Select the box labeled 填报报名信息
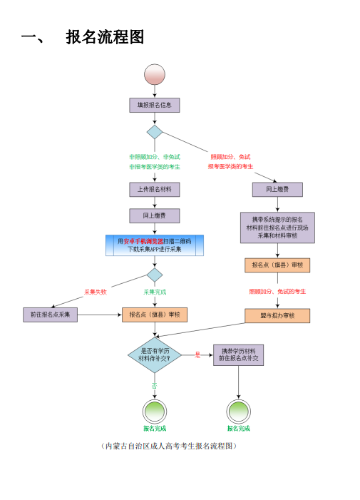pos(154,105)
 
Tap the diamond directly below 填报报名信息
pos(155,132)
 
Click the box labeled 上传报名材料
pos(154,189)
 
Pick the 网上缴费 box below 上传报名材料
pos(154,215)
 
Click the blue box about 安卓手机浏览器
pos(155,245)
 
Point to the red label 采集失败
pos(96,292)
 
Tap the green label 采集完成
pos(155,292)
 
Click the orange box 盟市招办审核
pos(277,316)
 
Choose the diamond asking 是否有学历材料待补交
pos(155,354)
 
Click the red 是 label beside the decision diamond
pos(197,354)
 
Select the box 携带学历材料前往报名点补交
pos(238,355)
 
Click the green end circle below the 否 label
pos(154,411)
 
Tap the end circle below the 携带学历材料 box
pos(238,411)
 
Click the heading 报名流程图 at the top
pos(106,37)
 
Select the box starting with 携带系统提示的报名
pos(277,228)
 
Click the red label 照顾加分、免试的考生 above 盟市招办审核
pos(277,292)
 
